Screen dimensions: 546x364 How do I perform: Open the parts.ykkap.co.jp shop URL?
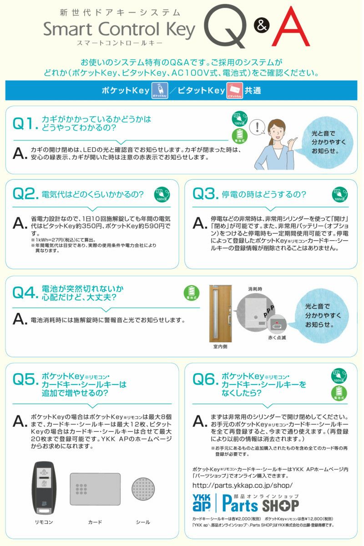click(x=243, y=485)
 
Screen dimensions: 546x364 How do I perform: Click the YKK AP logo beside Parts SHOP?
click(x=203, y=504)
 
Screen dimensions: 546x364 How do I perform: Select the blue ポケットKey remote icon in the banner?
click(x=157, y=91)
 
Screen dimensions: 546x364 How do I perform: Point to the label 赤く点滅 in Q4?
click(x=277, y=338)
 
